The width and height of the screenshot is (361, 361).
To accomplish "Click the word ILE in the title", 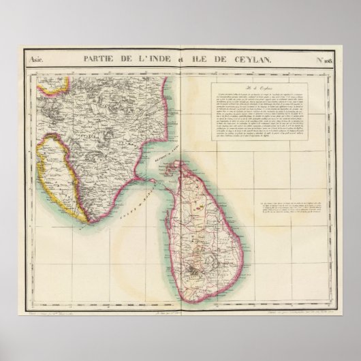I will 202,60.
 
